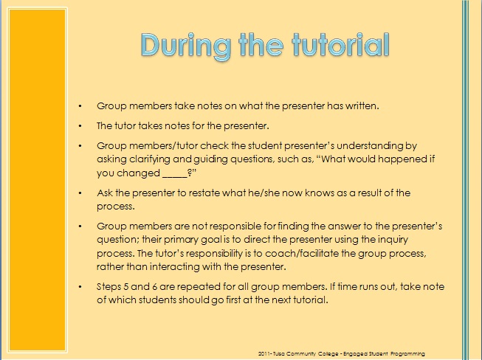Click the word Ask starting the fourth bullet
106,193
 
